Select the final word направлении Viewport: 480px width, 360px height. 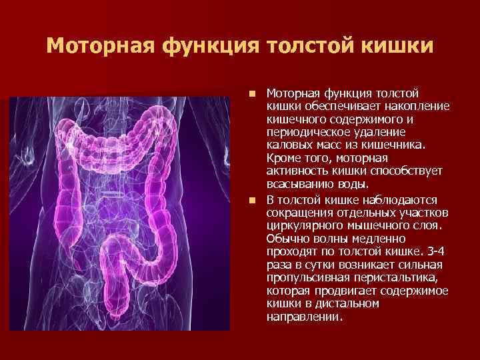pyautogui.click(x=304, y=317)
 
